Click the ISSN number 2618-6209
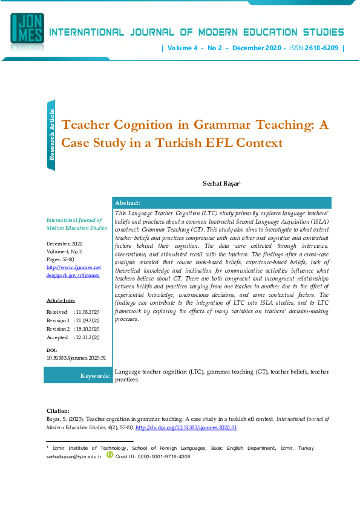point(322,48)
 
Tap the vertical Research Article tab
point(52,135)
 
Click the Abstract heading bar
point(221,203)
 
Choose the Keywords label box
point(79,375)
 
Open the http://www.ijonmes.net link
point(65,267)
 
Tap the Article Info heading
point(61,300)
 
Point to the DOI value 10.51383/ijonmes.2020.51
point(76,358)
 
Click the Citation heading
point(58,411)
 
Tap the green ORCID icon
point(110,455)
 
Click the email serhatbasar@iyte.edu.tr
point(74,457)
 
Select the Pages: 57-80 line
point(61,259)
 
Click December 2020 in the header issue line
point(258,48)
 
